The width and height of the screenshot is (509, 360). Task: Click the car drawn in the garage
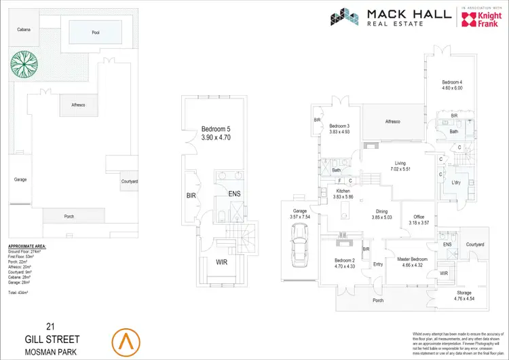[298, 247]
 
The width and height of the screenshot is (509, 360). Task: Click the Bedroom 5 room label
[216, 128]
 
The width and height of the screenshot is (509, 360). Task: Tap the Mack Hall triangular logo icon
[344, 17]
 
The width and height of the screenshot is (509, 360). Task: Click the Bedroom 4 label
[452, 83]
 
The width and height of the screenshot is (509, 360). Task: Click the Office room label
[419, 217]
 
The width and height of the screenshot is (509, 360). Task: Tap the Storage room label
[464, 293]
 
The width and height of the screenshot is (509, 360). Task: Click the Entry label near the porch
[378, 264]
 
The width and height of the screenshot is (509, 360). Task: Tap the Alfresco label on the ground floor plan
[392, 122]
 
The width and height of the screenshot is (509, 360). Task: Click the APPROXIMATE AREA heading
[28, 245]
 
